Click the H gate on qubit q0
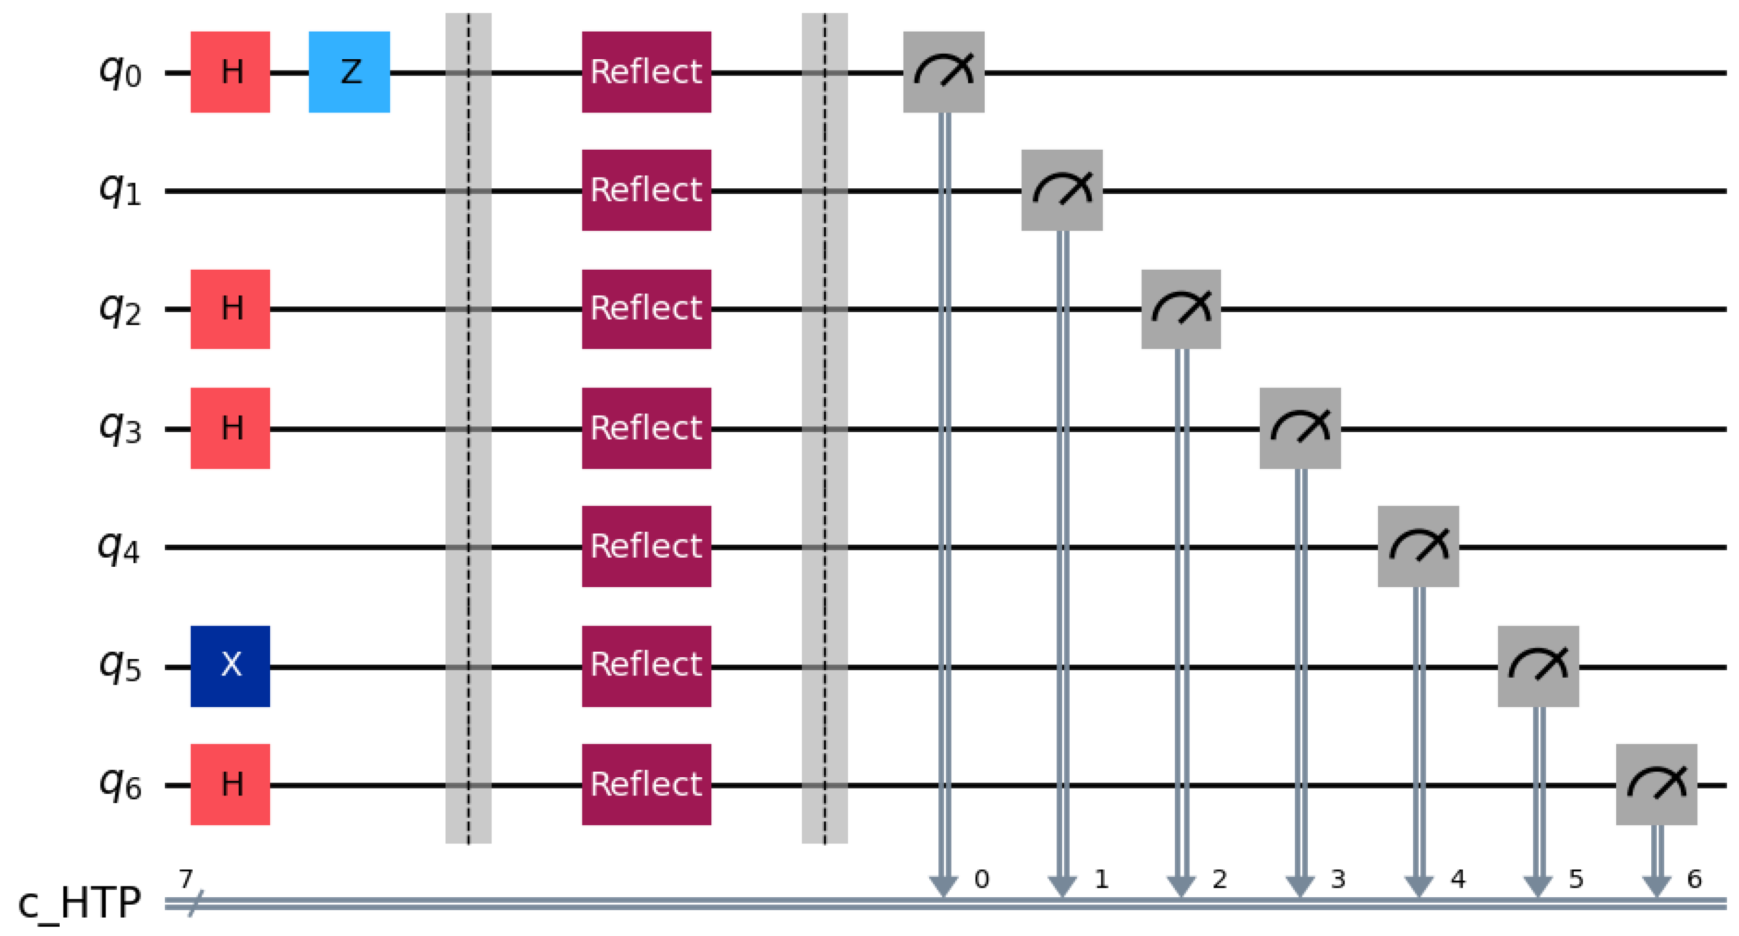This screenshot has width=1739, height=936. (230, 72)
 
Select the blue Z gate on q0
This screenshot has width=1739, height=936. (349, 72)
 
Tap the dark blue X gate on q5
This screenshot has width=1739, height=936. (230, 666)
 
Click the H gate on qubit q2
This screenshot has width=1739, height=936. (230, 309)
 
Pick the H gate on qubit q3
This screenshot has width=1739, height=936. (230, 428)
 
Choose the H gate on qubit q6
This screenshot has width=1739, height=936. (230, 784)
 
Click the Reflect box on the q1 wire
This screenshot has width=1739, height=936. (646, 191)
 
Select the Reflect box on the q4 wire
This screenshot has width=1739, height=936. (646, 547)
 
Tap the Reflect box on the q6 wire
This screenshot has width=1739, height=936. (646, 784)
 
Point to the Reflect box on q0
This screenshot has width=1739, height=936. (646, 72)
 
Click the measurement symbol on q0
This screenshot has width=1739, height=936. (944, 72)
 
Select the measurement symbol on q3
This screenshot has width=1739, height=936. (1300, 428)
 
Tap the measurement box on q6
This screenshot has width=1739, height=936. (1657, 784)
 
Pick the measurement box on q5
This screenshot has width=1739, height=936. (1538, 666)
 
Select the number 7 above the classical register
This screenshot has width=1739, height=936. (186, 878)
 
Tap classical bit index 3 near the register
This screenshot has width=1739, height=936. (1338, 878)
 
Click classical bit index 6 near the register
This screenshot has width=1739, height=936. (1694, 878)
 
